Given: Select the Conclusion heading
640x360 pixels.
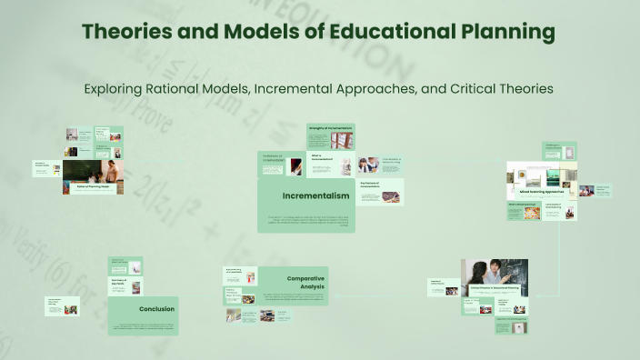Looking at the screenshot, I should click(x=156, y=309).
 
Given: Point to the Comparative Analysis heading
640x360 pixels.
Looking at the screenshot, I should click(x=305, y=284).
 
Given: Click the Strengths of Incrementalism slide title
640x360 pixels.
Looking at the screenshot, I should click(x=330, y=128).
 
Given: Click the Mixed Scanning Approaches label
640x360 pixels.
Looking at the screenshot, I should click(x=541, y=192).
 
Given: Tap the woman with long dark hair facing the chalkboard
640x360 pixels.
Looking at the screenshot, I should click(x=479, y=275).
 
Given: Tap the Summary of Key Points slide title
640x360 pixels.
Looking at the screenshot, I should click(x=119, y=282).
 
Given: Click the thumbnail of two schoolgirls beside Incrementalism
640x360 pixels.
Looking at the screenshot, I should click(x=369, y=165).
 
